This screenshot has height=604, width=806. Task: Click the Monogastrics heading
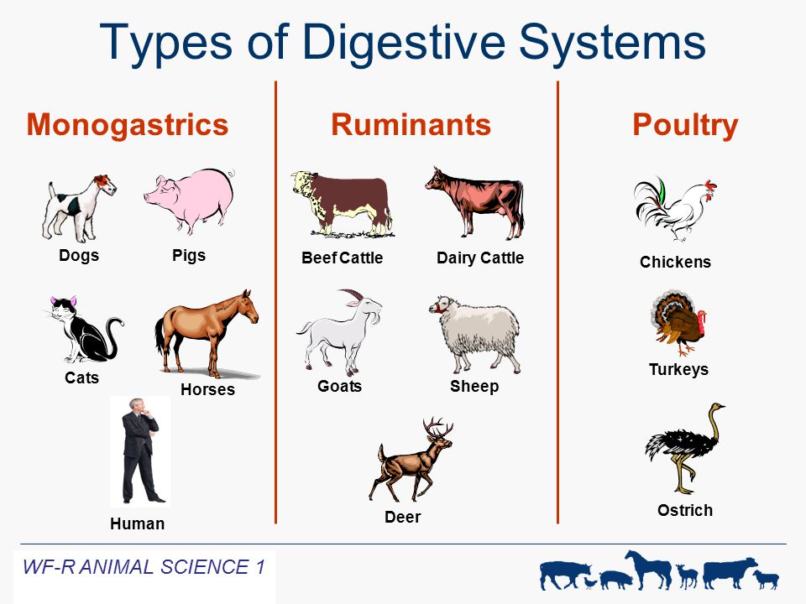128,125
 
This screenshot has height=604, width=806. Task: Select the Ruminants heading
411,125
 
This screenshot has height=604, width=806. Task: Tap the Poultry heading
685,126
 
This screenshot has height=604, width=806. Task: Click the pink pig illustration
191,200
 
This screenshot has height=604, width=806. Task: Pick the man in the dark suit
140,450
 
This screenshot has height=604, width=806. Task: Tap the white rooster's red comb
710,185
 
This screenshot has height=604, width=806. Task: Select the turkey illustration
679,322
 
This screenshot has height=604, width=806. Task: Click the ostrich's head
716,408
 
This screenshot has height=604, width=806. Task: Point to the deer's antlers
437,427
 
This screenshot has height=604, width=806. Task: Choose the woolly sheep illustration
475,334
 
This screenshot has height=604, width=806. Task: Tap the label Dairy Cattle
480,258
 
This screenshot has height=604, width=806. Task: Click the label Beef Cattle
342,258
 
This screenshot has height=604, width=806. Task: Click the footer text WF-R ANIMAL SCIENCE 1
144,567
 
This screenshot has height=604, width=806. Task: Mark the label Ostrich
685,511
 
